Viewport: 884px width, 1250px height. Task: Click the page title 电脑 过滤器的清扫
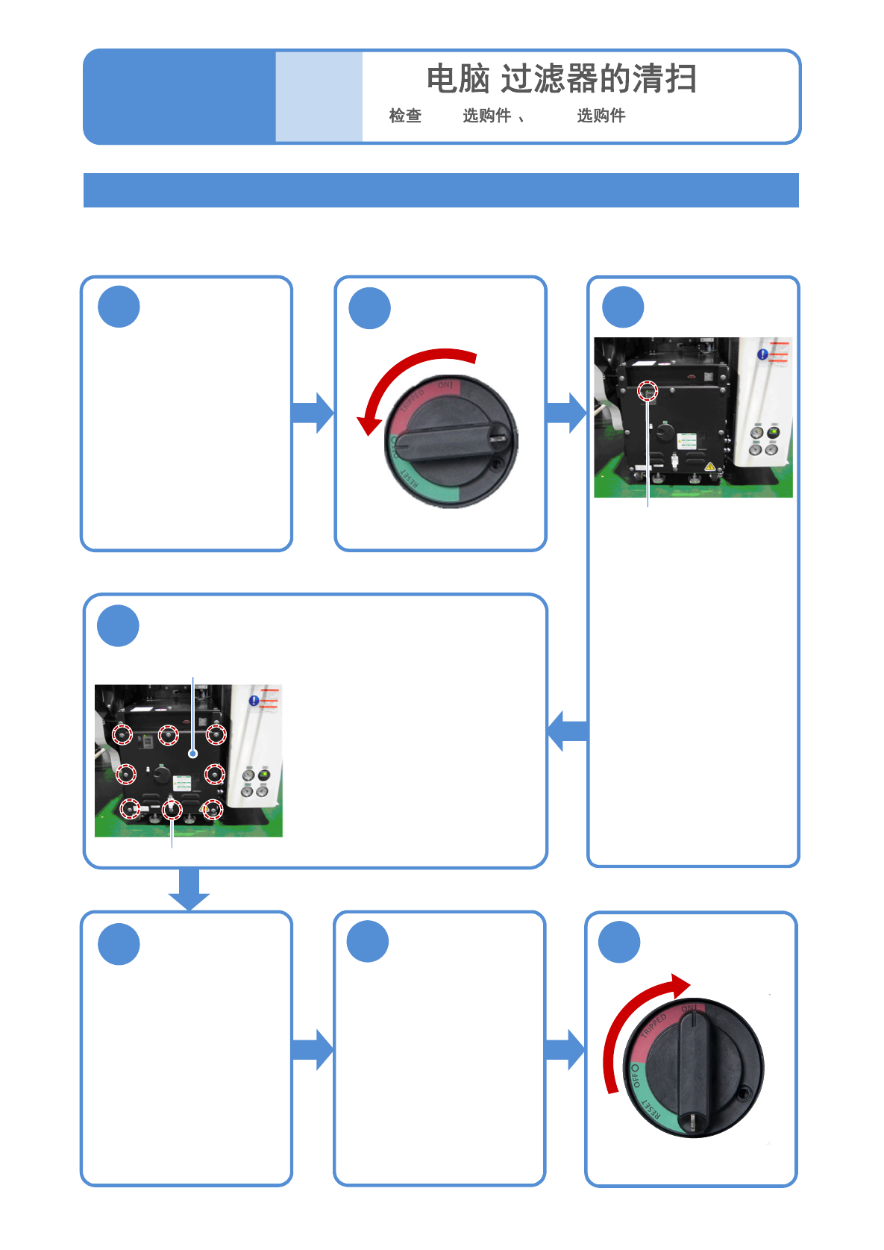click(x=561, y=79)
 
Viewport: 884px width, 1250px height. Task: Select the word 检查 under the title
click(x=405, y=116)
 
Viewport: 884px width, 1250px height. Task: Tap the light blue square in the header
click(x=319, y=96)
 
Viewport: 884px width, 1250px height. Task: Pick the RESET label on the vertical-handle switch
click(x=651, y=1110)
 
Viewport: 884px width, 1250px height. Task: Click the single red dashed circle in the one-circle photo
click(x=648, y=390)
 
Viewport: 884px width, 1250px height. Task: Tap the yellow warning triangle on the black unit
click(x=709, y=466)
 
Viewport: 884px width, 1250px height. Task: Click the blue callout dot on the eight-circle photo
click(x=193, y=754)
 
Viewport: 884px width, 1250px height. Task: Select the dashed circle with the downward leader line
click(x=172, y=809)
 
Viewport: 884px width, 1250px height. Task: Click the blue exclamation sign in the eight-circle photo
click(x=254, y=701)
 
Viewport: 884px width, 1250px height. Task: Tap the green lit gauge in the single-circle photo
click(x=774, y=432)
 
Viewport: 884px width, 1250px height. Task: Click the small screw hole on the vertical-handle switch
click(x=744, y=1094)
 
